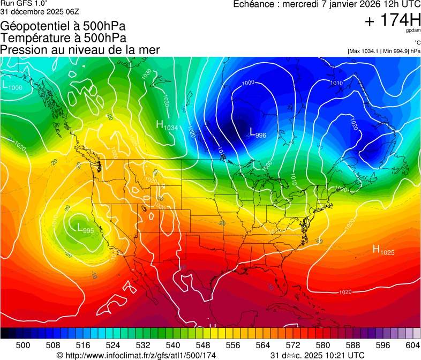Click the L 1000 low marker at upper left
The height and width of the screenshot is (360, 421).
click(x=12, y=85)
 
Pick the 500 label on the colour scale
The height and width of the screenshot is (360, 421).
click(x=23, y=345)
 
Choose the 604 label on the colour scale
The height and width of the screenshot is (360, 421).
click(x=412, y=345)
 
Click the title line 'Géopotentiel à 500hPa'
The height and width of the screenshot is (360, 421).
click(x=63, y=26)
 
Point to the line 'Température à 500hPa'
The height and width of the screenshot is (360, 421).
click(x=63, y=38)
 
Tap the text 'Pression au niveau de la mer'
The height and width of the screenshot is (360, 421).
click(x=80, y=50)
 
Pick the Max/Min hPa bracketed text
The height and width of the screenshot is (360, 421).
click(x=384, y=51)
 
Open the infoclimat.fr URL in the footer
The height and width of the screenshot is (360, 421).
click(x=136, y=355)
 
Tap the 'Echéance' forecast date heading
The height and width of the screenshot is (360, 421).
click(x=327, y=4)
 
